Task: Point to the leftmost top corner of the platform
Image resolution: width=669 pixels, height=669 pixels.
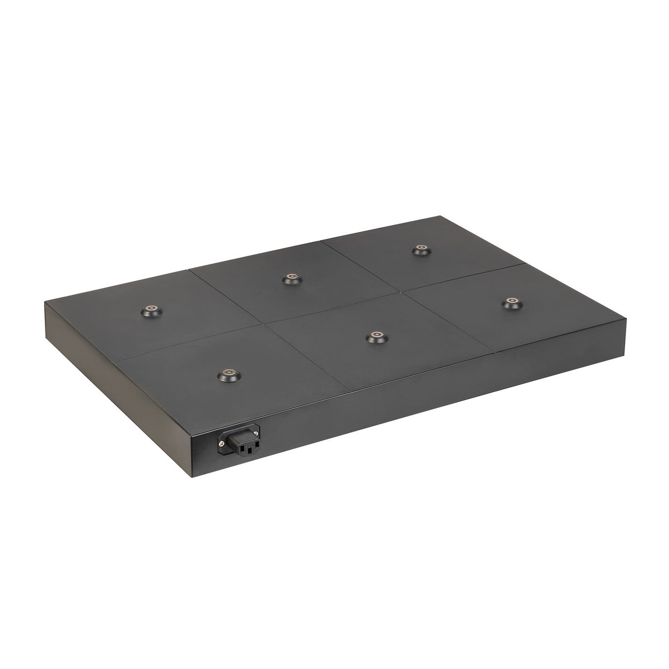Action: point(45,302)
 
